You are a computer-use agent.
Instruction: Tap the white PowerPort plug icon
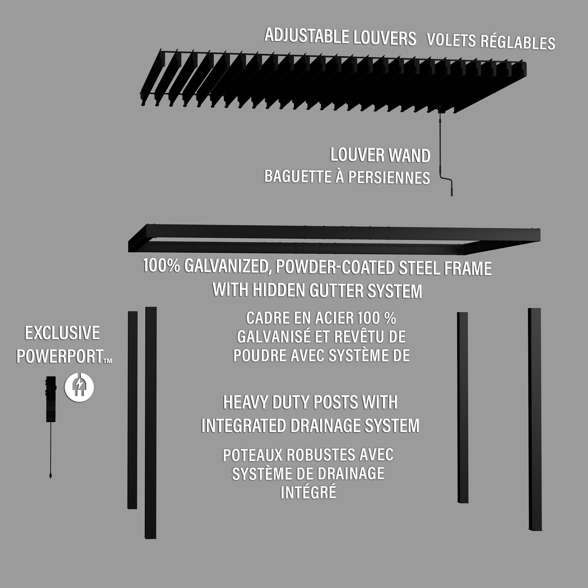(79, 387)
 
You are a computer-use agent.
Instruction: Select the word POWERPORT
(60, 356)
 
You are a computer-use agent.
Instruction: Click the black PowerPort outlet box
(51, 399)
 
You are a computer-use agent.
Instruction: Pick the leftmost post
(132, 410)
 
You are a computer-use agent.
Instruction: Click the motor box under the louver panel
(440, 110)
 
